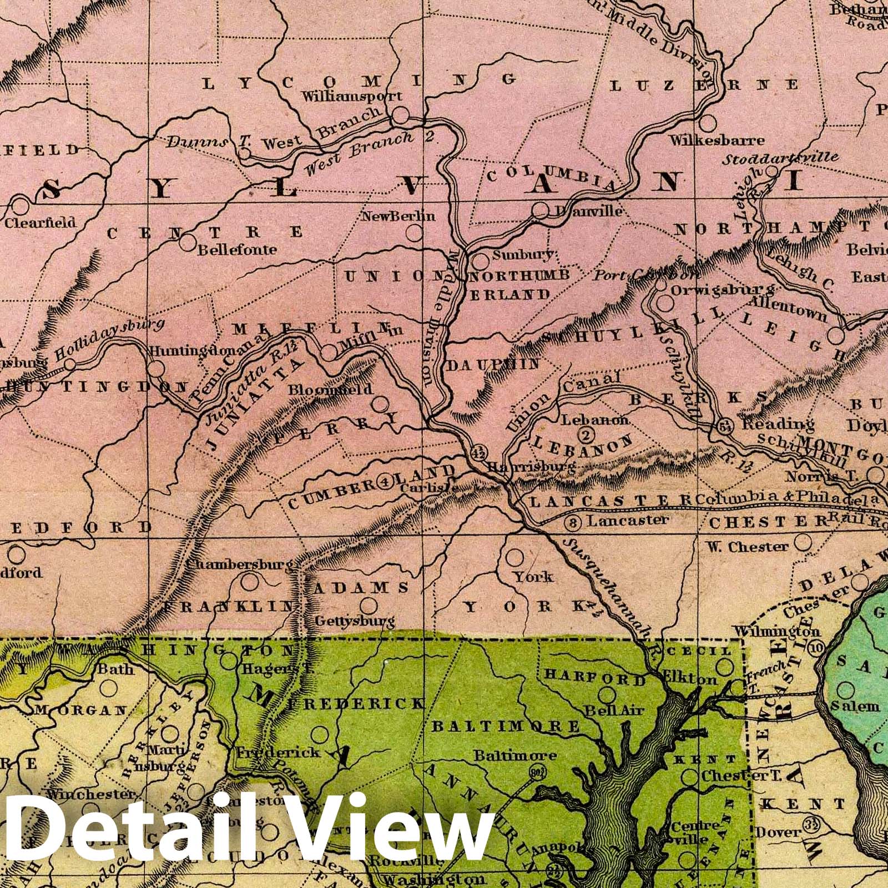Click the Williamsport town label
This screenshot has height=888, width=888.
point(351,95)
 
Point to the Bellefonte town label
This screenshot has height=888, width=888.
point(237,249)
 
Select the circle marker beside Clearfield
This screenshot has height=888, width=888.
point(20,206)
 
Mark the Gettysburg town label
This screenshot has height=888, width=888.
point(355,620)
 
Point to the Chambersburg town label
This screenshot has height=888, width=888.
point(239,564)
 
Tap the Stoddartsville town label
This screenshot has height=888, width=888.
point(780,158)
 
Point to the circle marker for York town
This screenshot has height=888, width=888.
point(516,556)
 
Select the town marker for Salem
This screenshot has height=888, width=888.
point(846,690)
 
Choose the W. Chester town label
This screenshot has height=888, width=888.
point(747,547)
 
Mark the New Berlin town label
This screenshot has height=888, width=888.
point(398,216)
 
